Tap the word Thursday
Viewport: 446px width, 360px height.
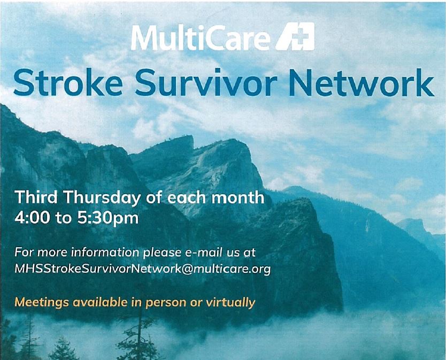[103, 199]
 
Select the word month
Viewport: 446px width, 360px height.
[237, 198]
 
